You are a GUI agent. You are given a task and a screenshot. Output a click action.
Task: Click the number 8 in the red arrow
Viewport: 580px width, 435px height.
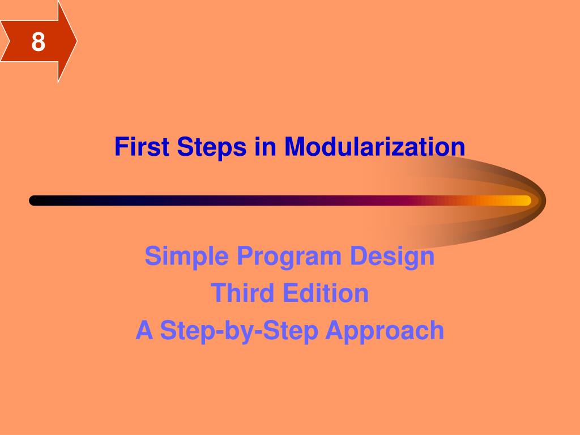coord(38,42)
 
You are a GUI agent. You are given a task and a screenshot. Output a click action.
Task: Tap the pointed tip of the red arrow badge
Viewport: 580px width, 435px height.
coord(75,41)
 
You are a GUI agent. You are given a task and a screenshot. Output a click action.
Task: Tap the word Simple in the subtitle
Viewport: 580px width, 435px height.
coord(187,257)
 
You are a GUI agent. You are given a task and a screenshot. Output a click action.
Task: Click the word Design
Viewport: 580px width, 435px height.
coord(392,257)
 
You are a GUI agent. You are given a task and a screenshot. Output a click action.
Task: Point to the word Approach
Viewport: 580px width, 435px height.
coord(385,331)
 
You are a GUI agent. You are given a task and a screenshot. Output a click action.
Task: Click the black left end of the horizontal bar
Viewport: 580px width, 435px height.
coord(35,201)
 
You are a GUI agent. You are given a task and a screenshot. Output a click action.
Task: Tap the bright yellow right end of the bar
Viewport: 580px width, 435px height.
coord(524,201)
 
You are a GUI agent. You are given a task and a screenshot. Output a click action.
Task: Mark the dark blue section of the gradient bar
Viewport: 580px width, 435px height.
coord(170,201)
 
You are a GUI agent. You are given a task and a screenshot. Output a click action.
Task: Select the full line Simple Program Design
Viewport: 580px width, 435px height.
coord(289,257)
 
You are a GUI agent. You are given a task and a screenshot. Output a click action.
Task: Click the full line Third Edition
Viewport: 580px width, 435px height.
coord(289,293)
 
